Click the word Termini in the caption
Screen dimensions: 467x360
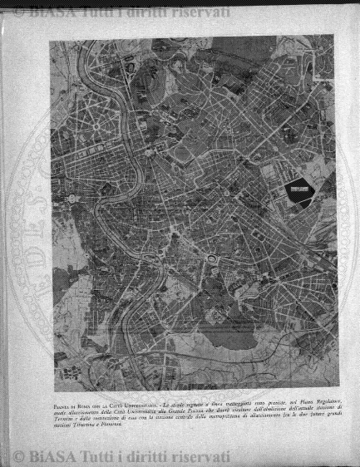pos(57,415)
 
